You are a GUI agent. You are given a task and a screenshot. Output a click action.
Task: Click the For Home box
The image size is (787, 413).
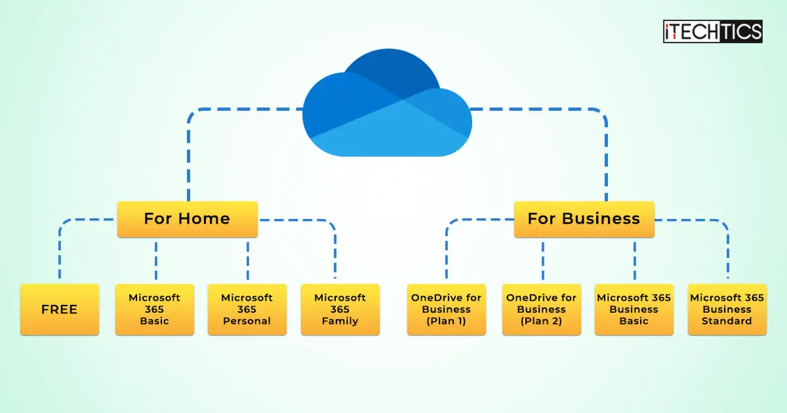click(x=187, y=219)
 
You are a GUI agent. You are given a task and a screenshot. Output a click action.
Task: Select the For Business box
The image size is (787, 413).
click(x=584, y=219)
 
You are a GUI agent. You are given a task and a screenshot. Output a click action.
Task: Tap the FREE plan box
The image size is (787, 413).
click(x=59, y=309)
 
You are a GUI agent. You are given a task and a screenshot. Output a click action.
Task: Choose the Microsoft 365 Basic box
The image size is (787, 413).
click(x=154, y=309)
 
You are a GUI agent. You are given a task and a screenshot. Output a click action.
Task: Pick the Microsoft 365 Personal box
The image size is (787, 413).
click(x=247, y=309)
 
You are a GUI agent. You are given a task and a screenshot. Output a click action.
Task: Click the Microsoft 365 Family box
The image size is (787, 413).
click(x=340, y=309)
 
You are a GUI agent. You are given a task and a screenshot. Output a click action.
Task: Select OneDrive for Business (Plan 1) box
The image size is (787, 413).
click(x=446, y=309)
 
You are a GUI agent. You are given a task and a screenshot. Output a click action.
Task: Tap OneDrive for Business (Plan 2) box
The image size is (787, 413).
click(x=541, y=309)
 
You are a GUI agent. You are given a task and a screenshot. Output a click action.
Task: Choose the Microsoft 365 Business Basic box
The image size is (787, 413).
click(x=634, y=309)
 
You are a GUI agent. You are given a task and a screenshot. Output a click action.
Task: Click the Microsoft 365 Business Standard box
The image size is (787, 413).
click(x=727, y=309)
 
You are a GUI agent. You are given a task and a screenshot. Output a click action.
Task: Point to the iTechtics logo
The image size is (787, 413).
click(x=712, y=31)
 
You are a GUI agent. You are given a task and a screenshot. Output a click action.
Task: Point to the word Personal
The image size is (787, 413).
click(x=247, y=321)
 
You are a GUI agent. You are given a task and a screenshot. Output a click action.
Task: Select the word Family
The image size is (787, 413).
click(x=340, y=321)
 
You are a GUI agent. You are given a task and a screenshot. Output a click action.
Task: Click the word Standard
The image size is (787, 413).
click(x=727, y=321)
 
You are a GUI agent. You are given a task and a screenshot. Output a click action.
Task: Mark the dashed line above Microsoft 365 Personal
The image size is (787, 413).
click(x=248, y=260)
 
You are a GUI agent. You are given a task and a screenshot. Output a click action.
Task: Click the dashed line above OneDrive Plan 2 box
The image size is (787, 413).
click(x=542, y=260)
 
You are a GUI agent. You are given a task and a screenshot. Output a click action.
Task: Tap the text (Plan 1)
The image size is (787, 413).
click(x=446, y=321)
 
